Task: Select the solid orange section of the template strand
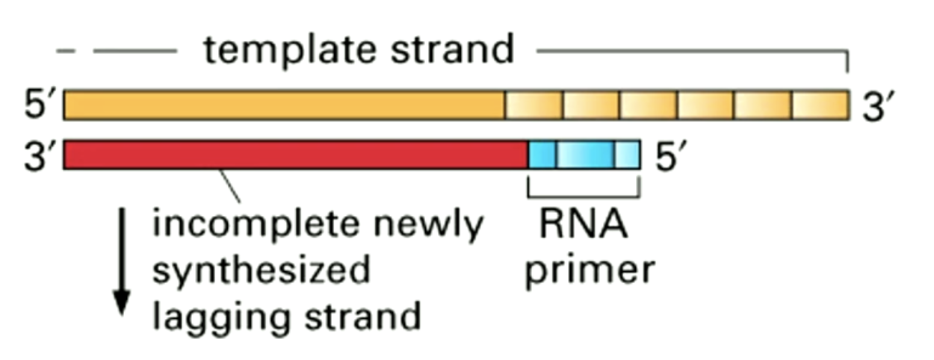[x=284, y=105]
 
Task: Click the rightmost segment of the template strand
[x=821, y=105]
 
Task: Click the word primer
[x=589, y=270]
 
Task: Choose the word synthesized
[x=262, y=270]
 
